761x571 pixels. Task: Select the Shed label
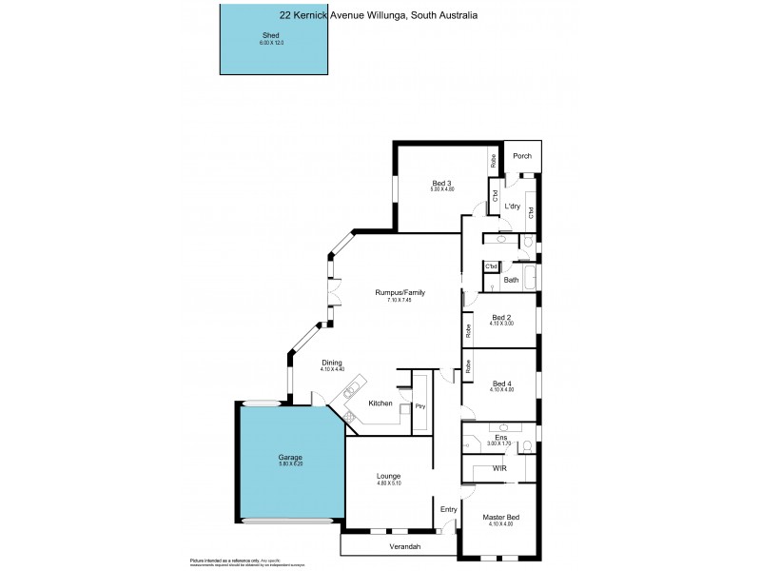[271, 35]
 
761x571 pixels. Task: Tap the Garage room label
[290, 458]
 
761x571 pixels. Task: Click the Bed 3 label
[441, 183]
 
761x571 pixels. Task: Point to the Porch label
[521, 157]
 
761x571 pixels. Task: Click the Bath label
[511, 280]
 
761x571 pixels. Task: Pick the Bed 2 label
[502, 317]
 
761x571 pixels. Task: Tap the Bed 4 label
[502, 384]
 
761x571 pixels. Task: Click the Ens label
[500, 437]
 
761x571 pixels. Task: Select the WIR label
[498, 469]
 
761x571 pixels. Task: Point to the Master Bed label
[500, 516]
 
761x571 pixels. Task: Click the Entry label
[448, 509]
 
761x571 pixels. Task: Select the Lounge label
[387, 476]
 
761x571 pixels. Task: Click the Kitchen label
[380, 404]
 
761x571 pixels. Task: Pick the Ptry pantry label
[420, 406]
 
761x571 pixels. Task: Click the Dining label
[331, 363]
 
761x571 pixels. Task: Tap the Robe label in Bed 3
[494, 160]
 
